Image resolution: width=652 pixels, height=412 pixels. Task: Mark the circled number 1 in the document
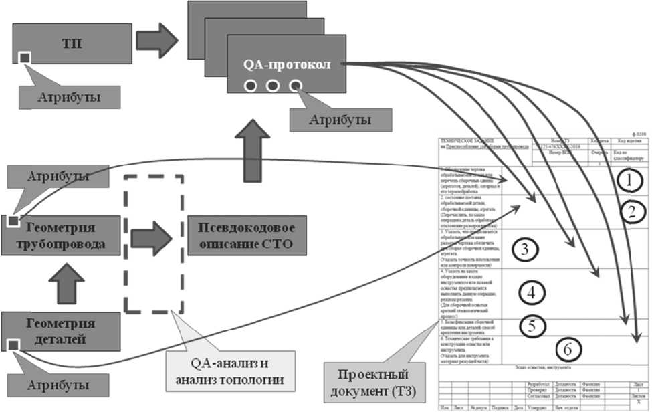[628, 179]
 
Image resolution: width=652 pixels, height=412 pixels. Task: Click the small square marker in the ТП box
[25, 59]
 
